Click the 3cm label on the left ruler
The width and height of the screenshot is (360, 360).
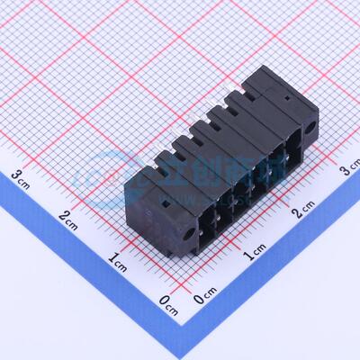21,175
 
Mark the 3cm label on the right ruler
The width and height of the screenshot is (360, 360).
349,167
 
